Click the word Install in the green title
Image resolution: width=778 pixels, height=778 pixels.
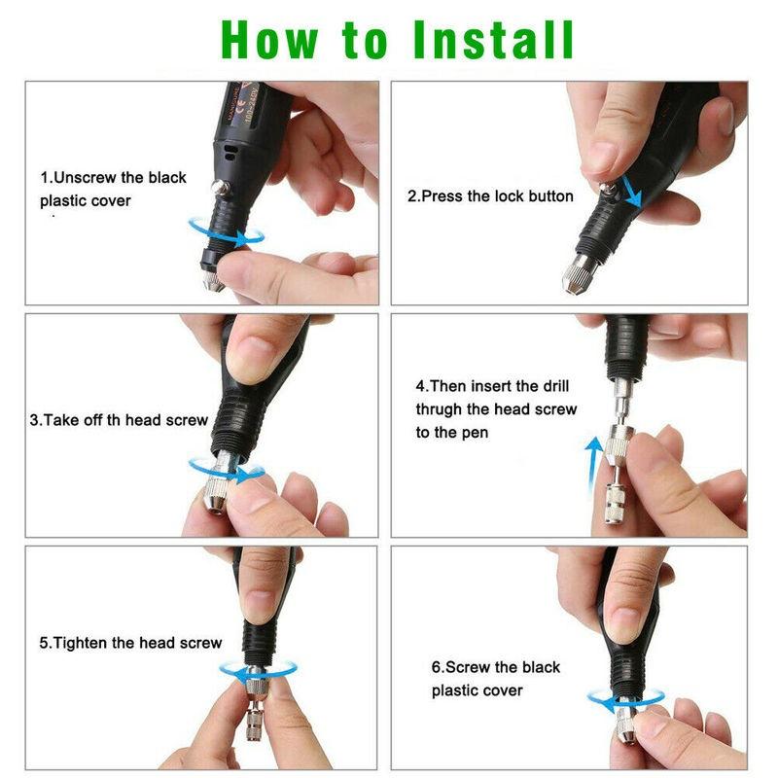493,40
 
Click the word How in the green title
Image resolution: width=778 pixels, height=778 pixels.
269,40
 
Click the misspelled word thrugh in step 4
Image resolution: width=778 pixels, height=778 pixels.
440,409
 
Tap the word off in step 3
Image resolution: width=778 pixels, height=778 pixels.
92,420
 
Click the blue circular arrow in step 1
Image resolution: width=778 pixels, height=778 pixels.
227,234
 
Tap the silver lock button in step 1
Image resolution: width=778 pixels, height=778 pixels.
221,188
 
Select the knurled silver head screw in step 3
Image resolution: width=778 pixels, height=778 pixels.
216,494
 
